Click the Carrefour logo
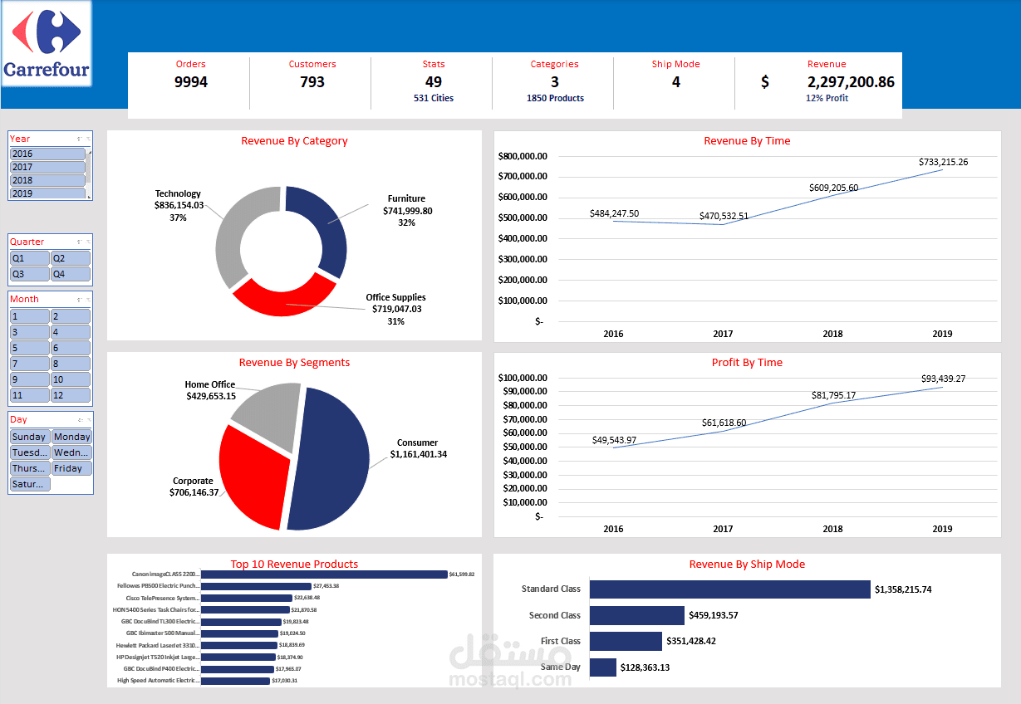coord(47,43)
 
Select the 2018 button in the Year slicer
coord(47,180)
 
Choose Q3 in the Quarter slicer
coord(29,274)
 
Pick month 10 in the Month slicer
coord(71,379)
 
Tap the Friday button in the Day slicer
coord(71,468)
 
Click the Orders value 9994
coord(190,82)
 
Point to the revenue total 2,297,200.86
coord(850,82)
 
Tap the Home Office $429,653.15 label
coord(210,391)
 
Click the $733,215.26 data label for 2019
coord(943,162)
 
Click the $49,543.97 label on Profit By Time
coord(614,440)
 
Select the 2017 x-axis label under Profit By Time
coord(723,529)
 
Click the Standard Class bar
coord(729,589)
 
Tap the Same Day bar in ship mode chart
coord(603,667)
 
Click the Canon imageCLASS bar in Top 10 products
coord(324,574)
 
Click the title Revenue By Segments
coord(294,363)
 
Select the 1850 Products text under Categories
coord(555,98)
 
